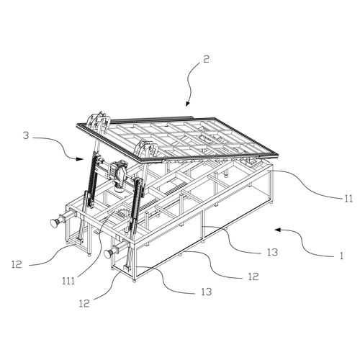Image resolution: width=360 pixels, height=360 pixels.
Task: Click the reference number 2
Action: tap(206, 59)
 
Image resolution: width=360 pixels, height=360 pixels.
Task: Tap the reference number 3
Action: tap(26, 135)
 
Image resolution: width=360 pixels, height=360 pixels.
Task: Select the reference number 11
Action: tap(348, 199)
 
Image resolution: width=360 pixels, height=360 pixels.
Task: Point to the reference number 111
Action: tap(68, 281)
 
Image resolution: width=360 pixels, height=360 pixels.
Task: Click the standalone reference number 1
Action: tap(341, 256)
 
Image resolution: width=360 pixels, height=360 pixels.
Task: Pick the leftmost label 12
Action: tap(17, 265)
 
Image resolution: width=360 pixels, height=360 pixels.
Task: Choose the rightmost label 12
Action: tap(253, 276)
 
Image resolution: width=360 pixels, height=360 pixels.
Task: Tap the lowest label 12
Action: tap(84, 304)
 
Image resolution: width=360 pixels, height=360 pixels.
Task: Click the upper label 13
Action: tap(273, 252)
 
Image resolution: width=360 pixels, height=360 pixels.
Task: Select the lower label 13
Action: tap(207, 292)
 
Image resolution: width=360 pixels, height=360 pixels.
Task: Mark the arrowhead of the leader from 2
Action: tap(187, 104)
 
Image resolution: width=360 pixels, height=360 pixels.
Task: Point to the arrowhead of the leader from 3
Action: tap(79, 158)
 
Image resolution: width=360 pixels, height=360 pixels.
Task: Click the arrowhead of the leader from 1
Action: tap(278, 230)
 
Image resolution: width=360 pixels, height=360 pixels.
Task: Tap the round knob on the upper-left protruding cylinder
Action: tap(54, 223)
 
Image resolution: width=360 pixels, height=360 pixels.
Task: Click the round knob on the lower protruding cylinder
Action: tap(109, 253)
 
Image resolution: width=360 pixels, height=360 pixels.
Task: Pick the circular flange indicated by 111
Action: tap(124, 213)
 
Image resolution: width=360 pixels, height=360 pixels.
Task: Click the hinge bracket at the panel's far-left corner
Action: tap(99, 120)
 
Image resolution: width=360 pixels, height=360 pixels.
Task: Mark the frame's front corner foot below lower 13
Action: tap(135, 280)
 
